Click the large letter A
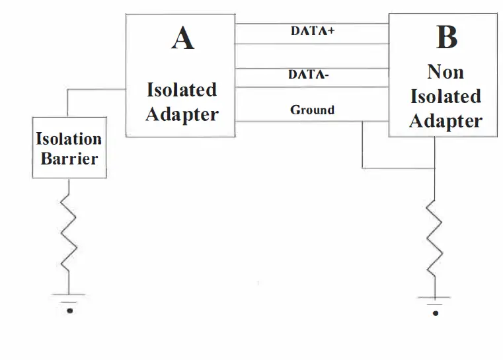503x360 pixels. [x=182, y=38]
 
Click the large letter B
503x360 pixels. [x=446, y=38]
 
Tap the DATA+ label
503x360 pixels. [x=313, y=30]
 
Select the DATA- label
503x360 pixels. [x=309, y=75]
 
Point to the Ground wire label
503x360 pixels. [x=312, y=110]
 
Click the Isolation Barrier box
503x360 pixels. [x=69, y=148]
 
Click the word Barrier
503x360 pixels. [x=69, y=159]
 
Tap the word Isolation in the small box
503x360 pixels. [x=69, y=139]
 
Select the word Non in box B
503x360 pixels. [x=445, y=71]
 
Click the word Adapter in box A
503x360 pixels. [x=182, y=114]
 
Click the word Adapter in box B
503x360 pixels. [x=445, y=122]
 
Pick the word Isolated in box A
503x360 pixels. [x=182, y=90]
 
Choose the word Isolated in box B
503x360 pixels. [x=445, y=96]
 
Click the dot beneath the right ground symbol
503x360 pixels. [x=435, y=313]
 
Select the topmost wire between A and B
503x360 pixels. [x=312, y=23]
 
